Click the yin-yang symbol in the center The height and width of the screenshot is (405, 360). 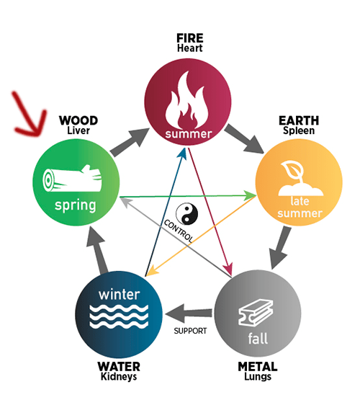click(186, 214)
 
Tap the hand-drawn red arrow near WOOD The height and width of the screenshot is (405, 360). click(30, 117)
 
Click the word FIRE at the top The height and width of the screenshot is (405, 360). click(190, 38)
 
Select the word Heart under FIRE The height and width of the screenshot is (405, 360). click(190, 48)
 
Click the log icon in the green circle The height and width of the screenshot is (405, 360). click(72, 179)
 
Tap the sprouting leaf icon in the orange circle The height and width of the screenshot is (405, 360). click(300, 178)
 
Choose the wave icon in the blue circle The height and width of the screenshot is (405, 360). click(119, 316)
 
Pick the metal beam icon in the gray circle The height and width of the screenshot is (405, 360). click(256, 313)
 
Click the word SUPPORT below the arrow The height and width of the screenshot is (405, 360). click(190, 331)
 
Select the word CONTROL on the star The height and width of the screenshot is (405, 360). click(179, 231)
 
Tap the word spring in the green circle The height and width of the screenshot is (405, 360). click(76, 205)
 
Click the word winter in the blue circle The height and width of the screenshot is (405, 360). click(120, 295)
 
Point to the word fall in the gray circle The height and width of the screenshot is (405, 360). click(258, 339)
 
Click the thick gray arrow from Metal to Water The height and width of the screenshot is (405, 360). click(189, 313)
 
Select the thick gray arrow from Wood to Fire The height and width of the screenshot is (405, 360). click(130, 142)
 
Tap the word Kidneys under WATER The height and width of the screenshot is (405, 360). click(119, 377)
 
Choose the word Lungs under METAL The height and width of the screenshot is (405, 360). click(258, 377)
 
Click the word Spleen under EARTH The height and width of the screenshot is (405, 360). click(299, 130)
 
